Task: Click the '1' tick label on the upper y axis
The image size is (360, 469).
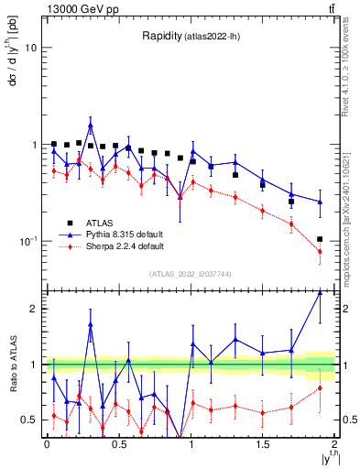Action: [34, 145]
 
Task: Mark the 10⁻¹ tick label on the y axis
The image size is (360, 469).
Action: [27, 241]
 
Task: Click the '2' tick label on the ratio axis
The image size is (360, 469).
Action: [34, 309]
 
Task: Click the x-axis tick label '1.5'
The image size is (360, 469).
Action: [263, 444]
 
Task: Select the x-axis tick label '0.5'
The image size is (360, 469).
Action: [118, 444]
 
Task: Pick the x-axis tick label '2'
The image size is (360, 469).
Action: [335, 444]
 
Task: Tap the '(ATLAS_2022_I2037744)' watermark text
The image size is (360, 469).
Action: [191, 274]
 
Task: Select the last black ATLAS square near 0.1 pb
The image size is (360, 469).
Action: [320, 239]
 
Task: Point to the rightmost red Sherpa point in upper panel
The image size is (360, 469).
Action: [320, 251]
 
